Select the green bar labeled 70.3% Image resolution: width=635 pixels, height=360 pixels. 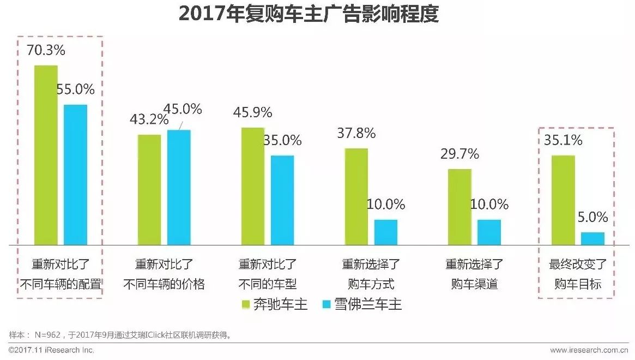46,155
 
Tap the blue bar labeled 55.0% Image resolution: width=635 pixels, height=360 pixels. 75,175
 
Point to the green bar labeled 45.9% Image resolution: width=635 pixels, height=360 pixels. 253,186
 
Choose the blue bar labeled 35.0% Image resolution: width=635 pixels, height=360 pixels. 282,200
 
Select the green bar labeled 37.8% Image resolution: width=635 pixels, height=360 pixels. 356,196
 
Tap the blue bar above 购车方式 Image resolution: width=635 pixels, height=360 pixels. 386,232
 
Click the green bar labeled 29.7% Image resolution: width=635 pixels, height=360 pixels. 460,207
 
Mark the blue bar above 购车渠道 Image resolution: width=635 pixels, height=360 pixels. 489,232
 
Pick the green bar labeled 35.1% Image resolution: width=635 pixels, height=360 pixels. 564,200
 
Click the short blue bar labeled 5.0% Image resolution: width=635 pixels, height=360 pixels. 593,238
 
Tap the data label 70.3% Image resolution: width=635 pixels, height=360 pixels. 46,51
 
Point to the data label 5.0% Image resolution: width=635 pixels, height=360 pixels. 592,218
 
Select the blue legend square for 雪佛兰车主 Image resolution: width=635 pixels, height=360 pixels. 327,304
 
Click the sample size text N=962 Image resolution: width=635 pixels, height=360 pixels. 49,334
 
